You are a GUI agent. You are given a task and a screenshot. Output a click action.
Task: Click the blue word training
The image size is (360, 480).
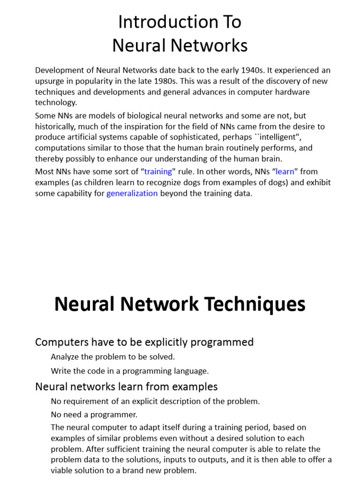click(158, 172)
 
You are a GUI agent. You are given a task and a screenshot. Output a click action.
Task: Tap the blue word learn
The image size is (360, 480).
click(285, 172)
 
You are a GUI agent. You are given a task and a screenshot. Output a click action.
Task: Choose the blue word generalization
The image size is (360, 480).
click(132, 193)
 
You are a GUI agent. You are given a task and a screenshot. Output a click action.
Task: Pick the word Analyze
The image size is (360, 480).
click(65, 357)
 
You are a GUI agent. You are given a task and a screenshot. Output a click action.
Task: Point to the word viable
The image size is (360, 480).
click(62, 471)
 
